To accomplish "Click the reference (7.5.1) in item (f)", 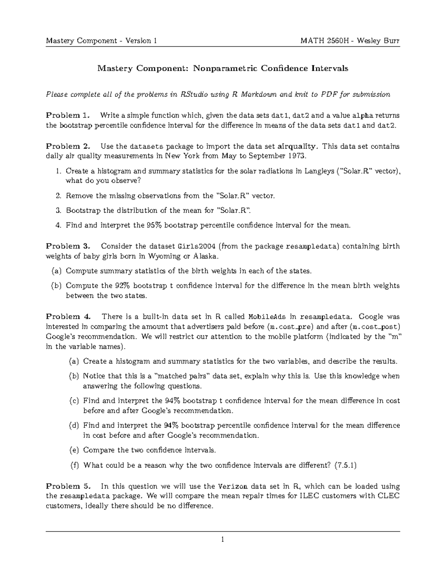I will coord(345,465).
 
